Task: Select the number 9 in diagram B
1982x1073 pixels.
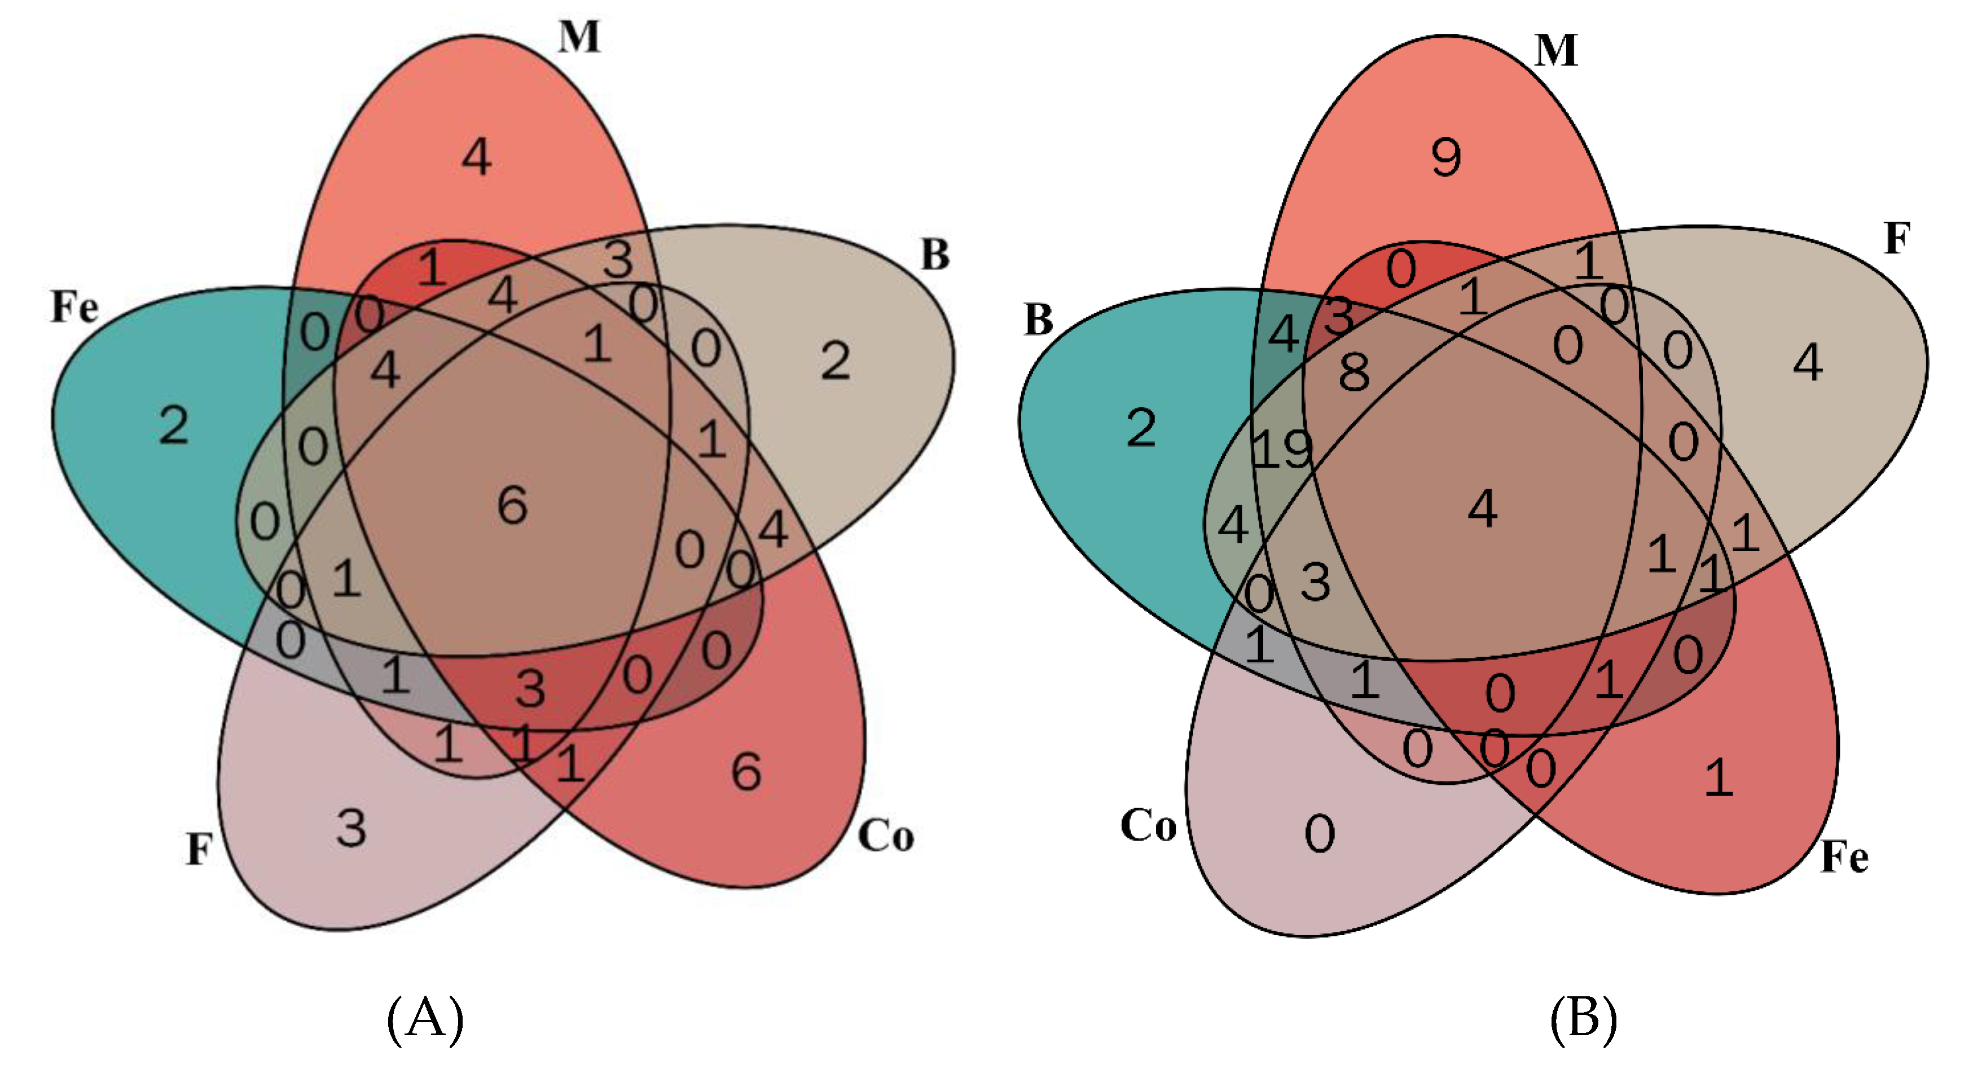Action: click(x=1447, y=158)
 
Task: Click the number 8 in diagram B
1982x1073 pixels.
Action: click(x=1354, y=373)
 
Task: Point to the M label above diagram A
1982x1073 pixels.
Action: click(x=579, y=37)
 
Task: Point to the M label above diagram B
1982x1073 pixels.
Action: click(x=1555, y=51)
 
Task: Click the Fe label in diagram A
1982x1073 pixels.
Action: click(x=74, y=307)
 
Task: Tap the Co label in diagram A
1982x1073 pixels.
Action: click(x=886, y=835)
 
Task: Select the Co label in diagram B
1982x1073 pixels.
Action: click(x=1148, y=826)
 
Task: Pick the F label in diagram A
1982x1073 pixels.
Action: click(x=199, y=850)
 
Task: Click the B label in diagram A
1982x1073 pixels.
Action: click(x=935, y=254)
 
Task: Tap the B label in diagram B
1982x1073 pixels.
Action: click(x=1039, y=319)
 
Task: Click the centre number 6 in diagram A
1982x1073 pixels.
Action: click(x=512, y=505)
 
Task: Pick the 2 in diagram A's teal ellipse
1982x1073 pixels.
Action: click(x=174, y=425)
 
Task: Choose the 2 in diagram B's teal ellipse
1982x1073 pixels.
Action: click(x=1141, y=428)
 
